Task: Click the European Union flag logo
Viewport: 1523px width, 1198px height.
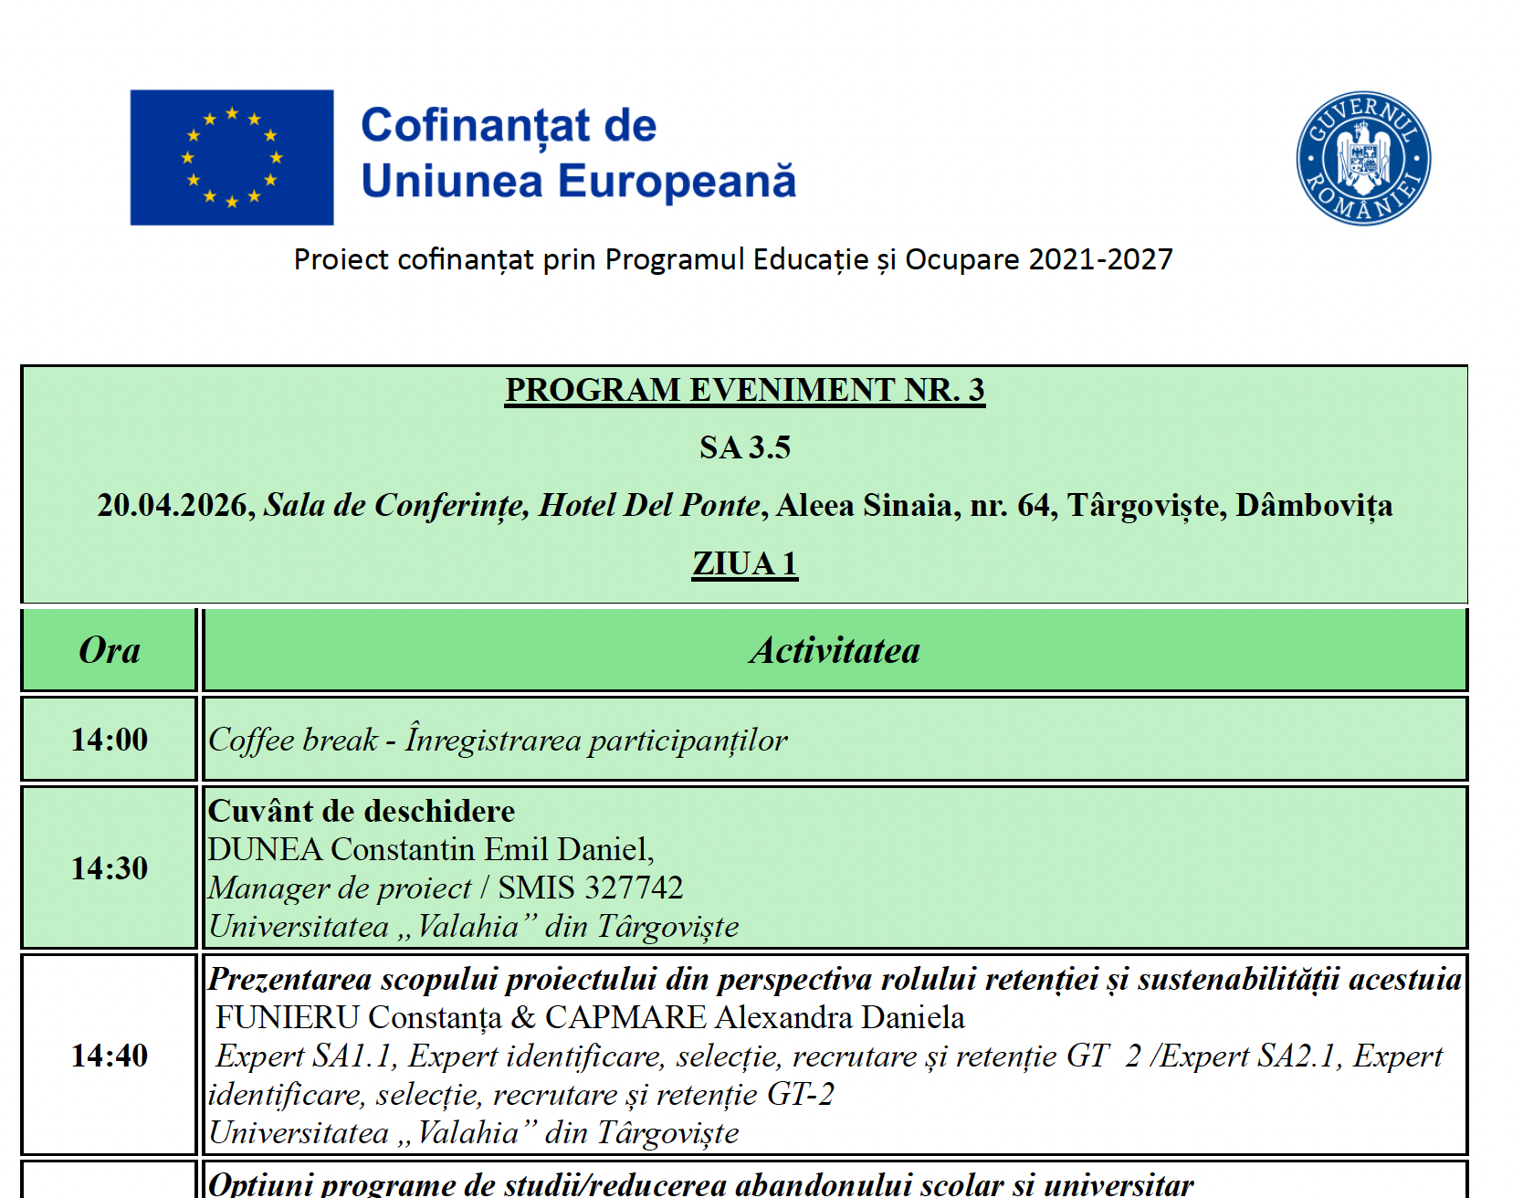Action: click(232, 157)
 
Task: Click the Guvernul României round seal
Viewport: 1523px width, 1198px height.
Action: click(1363, 158)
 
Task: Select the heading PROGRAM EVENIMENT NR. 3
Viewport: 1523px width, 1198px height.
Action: click(744, 390)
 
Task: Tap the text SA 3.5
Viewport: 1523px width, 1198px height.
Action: click(744, 447)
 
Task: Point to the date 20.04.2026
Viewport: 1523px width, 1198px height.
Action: click(175, 506)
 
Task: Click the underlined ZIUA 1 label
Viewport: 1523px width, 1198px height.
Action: click(744, 564)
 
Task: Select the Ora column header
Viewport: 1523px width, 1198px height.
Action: click(110, 650)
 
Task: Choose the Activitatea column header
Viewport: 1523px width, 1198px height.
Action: click(835, 650)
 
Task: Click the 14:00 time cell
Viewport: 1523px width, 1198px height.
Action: click(110, 740)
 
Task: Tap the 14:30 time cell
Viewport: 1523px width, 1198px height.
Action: click(110, 868)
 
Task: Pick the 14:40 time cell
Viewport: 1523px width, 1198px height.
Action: click(110, 1056)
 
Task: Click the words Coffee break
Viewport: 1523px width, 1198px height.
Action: click(293, 740)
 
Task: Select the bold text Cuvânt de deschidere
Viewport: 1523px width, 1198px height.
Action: click(362, 811)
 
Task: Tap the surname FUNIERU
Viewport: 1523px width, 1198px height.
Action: click(287, 1017)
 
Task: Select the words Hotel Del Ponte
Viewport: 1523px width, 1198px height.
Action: click(649, 506)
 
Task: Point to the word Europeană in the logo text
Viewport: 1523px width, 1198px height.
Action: click(677, 181)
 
